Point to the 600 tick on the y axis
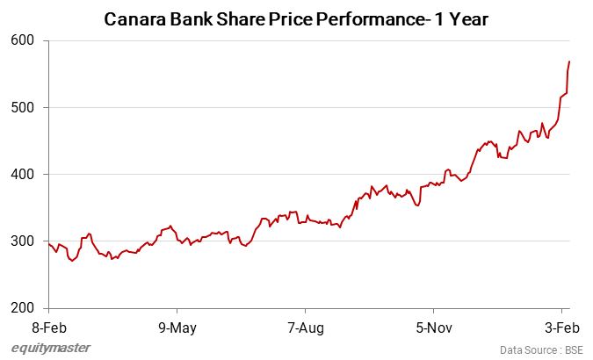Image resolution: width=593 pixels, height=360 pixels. tap(23, 40)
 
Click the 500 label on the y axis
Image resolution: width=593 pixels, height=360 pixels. tap(23, 107)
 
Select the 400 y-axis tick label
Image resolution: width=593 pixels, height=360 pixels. tap(23, 174)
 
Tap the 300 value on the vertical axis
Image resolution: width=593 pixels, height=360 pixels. tap(23, 241)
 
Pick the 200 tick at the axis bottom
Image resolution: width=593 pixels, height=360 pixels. tap(23, 308)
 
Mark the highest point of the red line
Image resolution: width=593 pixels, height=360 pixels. tap(569, 61)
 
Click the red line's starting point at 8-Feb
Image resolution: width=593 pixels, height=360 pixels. tap(49, 242)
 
